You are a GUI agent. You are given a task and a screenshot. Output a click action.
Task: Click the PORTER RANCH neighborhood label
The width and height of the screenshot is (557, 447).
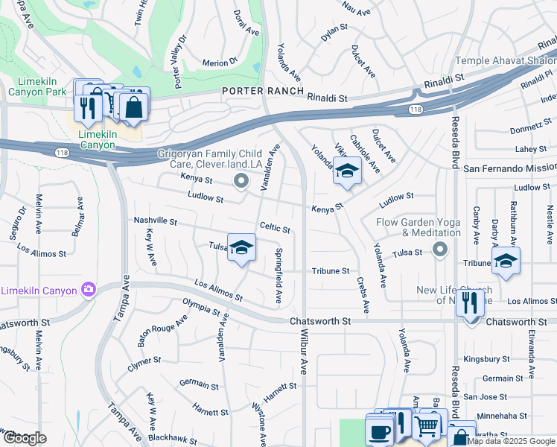pyautogui.click(x=263, y=91)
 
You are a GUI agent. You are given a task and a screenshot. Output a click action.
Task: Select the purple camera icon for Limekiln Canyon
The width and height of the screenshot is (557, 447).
pyautogui.click(x=89, y=289)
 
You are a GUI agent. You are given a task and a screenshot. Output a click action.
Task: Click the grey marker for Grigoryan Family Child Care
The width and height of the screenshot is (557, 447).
pyautogui.click(x=241, y=180)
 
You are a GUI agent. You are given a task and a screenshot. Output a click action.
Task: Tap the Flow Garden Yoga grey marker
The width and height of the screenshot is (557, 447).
pyautogui.click(x=440, y=248)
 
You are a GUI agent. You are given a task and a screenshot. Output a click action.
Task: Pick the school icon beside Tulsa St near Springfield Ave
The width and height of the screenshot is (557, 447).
pyautogui.click(x=241, y=248)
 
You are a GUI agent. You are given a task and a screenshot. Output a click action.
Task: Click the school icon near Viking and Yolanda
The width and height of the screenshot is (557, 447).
pyautogui.click(x=346, y=171)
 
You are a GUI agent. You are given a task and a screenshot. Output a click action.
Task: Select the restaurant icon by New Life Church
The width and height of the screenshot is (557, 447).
pyautogui.click(x=470, y=302)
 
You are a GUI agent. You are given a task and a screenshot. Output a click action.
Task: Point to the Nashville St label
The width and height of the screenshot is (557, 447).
pyautogui.click(x=155, y=221)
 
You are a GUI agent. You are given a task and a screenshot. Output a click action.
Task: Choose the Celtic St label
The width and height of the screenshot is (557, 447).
pyautogui.click(x=275, y=226)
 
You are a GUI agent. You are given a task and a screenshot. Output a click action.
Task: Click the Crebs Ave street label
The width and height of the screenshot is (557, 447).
pyautogui.click(x=364, y=296)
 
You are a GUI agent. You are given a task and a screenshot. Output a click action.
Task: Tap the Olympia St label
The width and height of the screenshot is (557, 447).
pyautogui.click(x=200, y=307)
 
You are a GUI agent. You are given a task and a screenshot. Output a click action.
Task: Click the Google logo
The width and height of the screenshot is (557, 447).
pyautogui.click(x=25, y=438)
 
